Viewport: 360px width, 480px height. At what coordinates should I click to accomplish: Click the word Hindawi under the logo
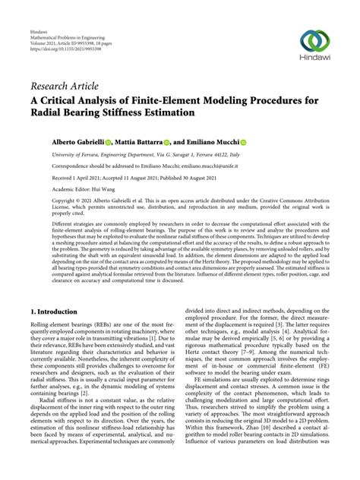pyautogui.click(x=317, y=62)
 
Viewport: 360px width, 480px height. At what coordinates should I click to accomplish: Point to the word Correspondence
pyautogui.click(x=52, y=165)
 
